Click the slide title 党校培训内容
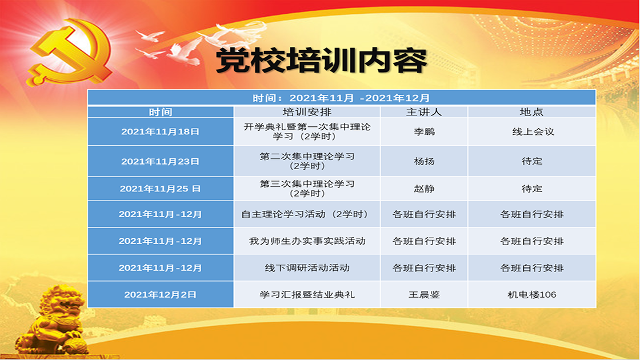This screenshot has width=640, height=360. (321, 61)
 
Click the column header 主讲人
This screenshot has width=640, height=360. (423, 112)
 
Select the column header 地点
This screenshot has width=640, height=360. (531, 112)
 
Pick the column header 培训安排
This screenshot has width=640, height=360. (307, 112)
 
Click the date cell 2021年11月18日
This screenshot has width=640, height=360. (161, 131)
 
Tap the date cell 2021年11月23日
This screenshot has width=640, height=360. (161, 161)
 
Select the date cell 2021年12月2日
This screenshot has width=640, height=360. (161, 294)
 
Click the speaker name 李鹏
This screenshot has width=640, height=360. (424, 131)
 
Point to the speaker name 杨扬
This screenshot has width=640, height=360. (424, 161)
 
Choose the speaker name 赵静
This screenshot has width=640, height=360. (424, 189)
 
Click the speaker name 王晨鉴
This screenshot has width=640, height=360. (424, 294)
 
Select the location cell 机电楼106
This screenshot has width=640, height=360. (532, 294)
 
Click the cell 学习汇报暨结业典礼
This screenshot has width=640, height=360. (307, 294)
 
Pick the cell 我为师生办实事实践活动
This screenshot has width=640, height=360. (307, 241)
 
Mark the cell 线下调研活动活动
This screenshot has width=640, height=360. (307, 268)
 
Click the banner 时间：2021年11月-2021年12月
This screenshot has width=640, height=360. (341, 98)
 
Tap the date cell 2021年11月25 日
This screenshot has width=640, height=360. (161, 189)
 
